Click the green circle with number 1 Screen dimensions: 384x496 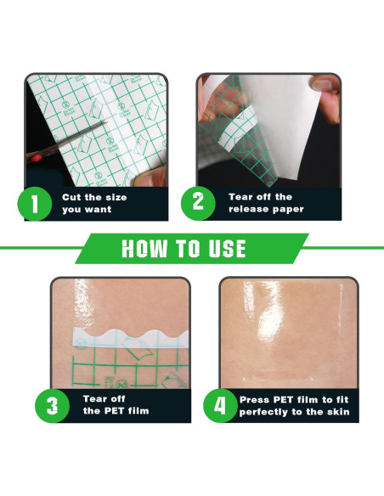pyautogui.click(x=35, y=204)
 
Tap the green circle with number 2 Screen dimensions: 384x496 pyautogui.click(x=198, y=203)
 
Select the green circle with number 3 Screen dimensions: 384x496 pyautogui.click(x=52, y=405)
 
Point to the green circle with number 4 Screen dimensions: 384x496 pyautogui.click(x=220, y=405)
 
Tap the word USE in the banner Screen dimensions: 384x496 pyautogui.click(x=227, y=248)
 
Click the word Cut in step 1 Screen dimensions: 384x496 pyautogui.click(x=71, y=197)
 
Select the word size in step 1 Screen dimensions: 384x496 pyautogui.click(x=116, y=197)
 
